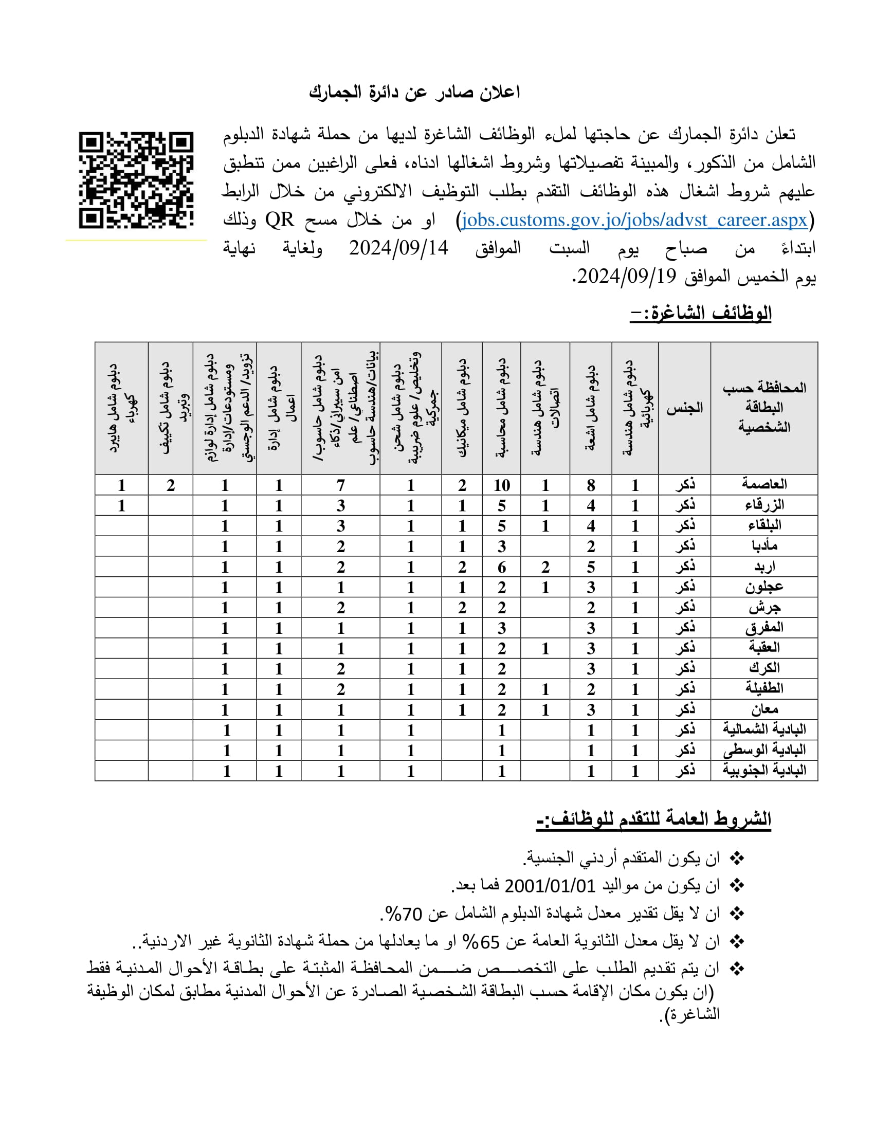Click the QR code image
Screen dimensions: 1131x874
coord(136,180)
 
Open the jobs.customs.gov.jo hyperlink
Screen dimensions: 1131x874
coord(634,220)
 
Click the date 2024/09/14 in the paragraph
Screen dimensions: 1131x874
coord(398,248)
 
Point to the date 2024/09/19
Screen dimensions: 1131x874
coord(627,277)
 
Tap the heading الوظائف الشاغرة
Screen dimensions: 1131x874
coord(701,313)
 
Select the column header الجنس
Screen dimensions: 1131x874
coord(684,408)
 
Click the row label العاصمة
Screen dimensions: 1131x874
coord(763,484)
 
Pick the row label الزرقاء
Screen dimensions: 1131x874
coord(763,505)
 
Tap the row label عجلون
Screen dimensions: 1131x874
coord(763,587)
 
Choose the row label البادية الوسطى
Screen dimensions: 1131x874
coord(763,750)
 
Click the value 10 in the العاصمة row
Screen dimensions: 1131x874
coord(501,485)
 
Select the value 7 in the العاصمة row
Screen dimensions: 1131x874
coord(340,485)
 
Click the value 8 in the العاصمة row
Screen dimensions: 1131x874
coord(591,485)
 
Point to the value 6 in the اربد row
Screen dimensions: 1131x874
coord(501,567)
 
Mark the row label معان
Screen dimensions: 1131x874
coord(763,709)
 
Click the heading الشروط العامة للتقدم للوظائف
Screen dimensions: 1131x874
coord(653,819)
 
